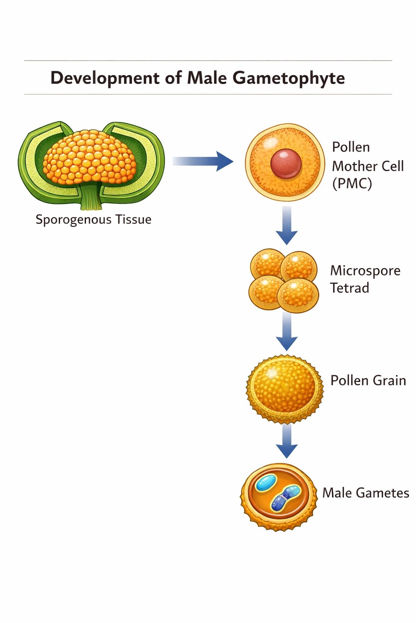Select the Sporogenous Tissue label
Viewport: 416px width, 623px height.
93,219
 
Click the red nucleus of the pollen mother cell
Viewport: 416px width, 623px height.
286,163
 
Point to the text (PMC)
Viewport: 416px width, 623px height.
352,184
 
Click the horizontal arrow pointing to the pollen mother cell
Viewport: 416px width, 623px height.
203,161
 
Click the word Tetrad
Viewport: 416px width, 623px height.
349,288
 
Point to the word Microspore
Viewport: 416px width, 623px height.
365,271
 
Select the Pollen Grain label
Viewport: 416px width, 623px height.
368,380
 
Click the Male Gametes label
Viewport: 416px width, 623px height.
366,493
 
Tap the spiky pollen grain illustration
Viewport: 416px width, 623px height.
284,389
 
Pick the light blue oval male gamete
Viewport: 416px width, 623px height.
266,483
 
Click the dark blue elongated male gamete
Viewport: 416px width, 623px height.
285,498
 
